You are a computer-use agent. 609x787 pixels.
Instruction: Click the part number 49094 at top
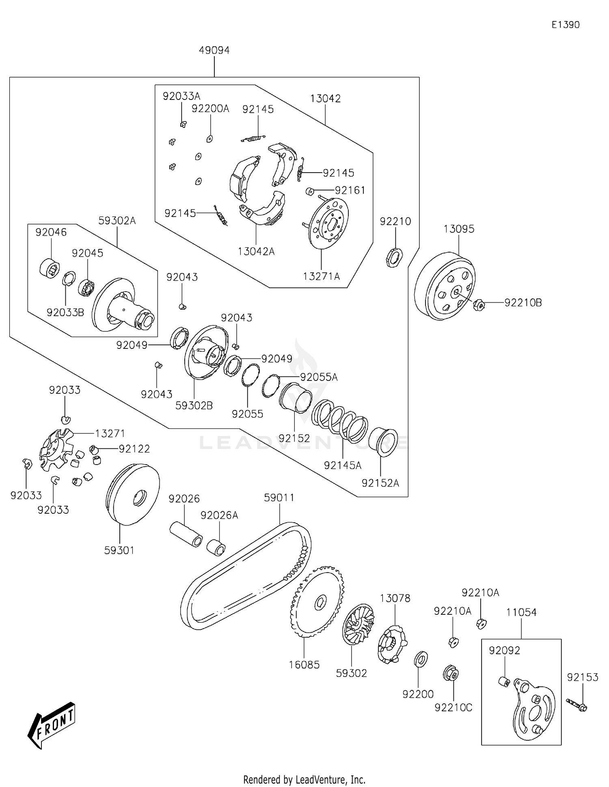click(x=214, y=50)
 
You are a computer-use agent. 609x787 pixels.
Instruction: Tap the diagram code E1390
click(x=565, y=25)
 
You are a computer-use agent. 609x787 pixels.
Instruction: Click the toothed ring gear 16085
click(x=317, y=602)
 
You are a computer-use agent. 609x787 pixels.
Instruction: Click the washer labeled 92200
click(x=421, y=659)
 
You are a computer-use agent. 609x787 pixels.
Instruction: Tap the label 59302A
click(x=117, y=221)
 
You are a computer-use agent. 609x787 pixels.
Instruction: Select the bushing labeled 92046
click(x=50, y=268)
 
